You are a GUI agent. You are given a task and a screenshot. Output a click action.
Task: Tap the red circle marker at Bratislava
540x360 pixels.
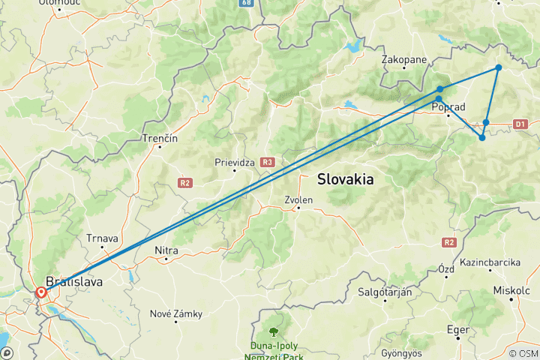pos(41,292)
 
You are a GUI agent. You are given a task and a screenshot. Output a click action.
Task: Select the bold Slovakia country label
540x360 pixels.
pos(346,179)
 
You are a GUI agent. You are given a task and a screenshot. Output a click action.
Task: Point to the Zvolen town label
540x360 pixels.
pos(298,200)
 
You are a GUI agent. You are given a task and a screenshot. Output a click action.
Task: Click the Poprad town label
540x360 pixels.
pos(449,107)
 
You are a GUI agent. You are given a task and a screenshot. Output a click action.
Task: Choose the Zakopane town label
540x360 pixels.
pos(404,59)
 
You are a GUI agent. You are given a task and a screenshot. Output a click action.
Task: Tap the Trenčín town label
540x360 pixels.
pos(160,139)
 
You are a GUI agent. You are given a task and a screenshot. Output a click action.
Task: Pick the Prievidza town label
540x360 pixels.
pos(235,160)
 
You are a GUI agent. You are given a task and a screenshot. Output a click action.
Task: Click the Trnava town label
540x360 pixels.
pos(103,238)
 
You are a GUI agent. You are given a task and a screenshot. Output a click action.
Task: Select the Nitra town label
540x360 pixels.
pos(166,252)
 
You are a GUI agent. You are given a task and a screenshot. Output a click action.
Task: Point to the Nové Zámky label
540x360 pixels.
pos(177,313)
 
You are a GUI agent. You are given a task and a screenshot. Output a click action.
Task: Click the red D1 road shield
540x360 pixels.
pos(522,123)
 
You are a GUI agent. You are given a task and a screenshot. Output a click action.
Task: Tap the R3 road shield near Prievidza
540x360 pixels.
pos(267,161)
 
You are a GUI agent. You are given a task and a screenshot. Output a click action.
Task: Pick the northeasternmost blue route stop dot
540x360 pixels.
pos(498,68)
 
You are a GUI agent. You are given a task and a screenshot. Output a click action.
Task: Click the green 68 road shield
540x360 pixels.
pos(247,4)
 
